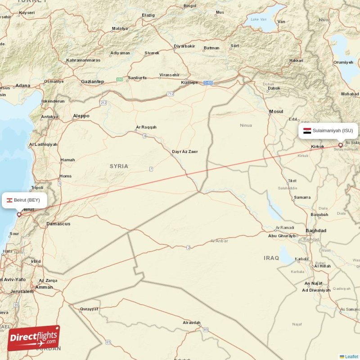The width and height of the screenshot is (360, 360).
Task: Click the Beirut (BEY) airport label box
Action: (24, 200)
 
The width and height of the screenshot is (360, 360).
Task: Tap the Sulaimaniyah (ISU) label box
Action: (328, 130)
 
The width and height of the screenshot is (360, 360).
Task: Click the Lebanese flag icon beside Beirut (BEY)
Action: (9, 200)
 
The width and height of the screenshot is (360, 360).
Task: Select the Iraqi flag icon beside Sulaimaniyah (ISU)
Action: (307, 131)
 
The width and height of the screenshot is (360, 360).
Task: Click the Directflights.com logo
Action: (34, 338)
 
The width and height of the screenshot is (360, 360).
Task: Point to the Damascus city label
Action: (58, 224)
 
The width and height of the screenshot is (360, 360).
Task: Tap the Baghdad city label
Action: (316, 231)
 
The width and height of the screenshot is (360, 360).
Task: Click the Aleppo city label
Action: (81, 116)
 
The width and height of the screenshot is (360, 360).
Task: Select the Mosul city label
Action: (276, 112)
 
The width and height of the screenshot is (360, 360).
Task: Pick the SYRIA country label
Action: (119, 166)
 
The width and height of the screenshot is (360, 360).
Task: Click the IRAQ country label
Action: (271, 258)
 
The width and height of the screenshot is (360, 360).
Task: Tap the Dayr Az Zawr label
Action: (185, 152)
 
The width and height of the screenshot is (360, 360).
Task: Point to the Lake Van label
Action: (259, 19)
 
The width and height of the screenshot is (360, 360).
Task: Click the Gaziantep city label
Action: (92, 81)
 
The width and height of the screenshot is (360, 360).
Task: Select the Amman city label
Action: (44, 287)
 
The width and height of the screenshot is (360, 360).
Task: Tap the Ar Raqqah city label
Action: (146, 127)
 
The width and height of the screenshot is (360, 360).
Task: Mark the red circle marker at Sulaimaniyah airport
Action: (341, 145)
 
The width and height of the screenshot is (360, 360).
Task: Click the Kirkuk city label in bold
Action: (318, 147)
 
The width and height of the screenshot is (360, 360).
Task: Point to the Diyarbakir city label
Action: (184, 46)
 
